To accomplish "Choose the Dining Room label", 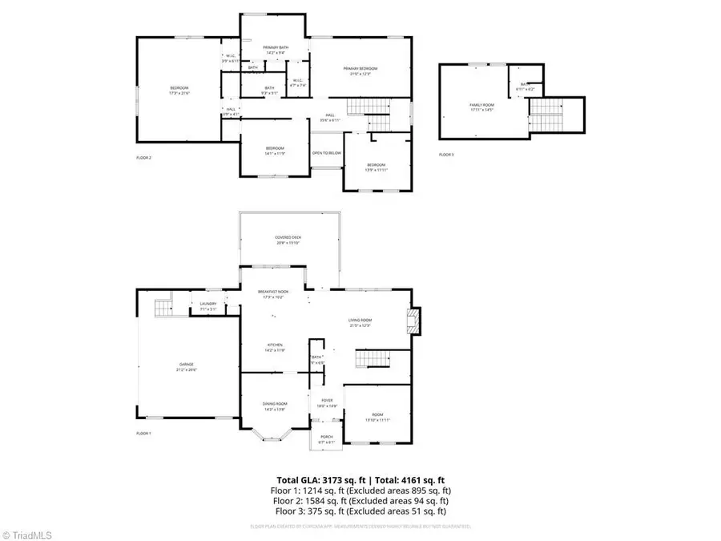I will pos(275,406).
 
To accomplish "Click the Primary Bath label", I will pos(276,50).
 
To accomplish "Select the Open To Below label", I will pos(326,153).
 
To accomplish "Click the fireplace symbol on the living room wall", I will pos(413,321).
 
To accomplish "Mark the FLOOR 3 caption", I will pos(446,155).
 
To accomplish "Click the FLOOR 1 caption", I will pos(143,434).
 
